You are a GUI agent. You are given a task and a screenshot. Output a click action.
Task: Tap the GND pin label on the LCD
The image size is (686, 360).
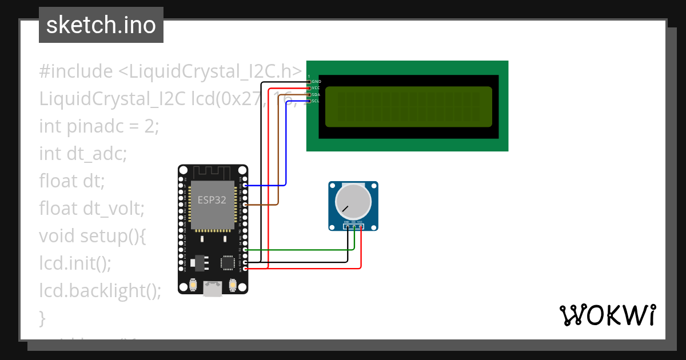pos(316,82)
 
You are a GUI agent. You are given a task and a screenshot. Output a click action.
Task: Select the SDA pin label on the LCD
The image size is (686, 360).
pos(316,94)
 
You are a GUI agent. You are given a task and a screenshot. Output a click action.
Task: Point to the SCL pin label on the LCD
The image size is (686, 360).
pos(316,101)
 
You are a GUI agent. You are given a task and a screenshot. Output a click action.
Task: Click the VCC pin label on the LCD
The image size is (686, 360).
pos(316,88)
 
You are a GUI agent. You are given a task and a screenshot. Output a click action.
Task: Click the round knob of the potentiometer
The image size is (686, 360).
pos(353,202)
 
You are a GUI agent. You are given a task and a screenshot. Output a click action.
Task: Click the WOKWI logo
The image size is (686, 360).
pos(607,315)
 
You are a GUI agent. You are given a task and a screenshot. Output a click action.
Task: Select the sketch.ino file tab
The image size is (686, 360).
pos(101,25)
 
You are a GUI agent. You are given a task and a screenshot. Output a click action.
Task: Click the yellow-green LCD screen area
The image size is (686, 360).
pos(408,107)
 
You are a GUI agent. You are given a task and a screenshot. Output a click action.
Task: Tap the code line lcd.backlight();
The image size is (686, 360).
pos(100,290)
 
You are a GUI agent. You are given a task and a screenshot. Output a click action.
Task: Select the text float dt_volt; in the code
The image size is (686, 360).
pos(91,208)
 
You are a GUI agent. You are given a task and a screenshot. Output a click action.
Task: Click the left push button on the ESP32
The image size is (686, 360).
pos(194,284)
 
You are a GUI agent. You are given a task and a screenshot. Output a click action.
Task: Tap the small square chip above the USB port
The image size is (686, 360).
pos(228,262)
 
